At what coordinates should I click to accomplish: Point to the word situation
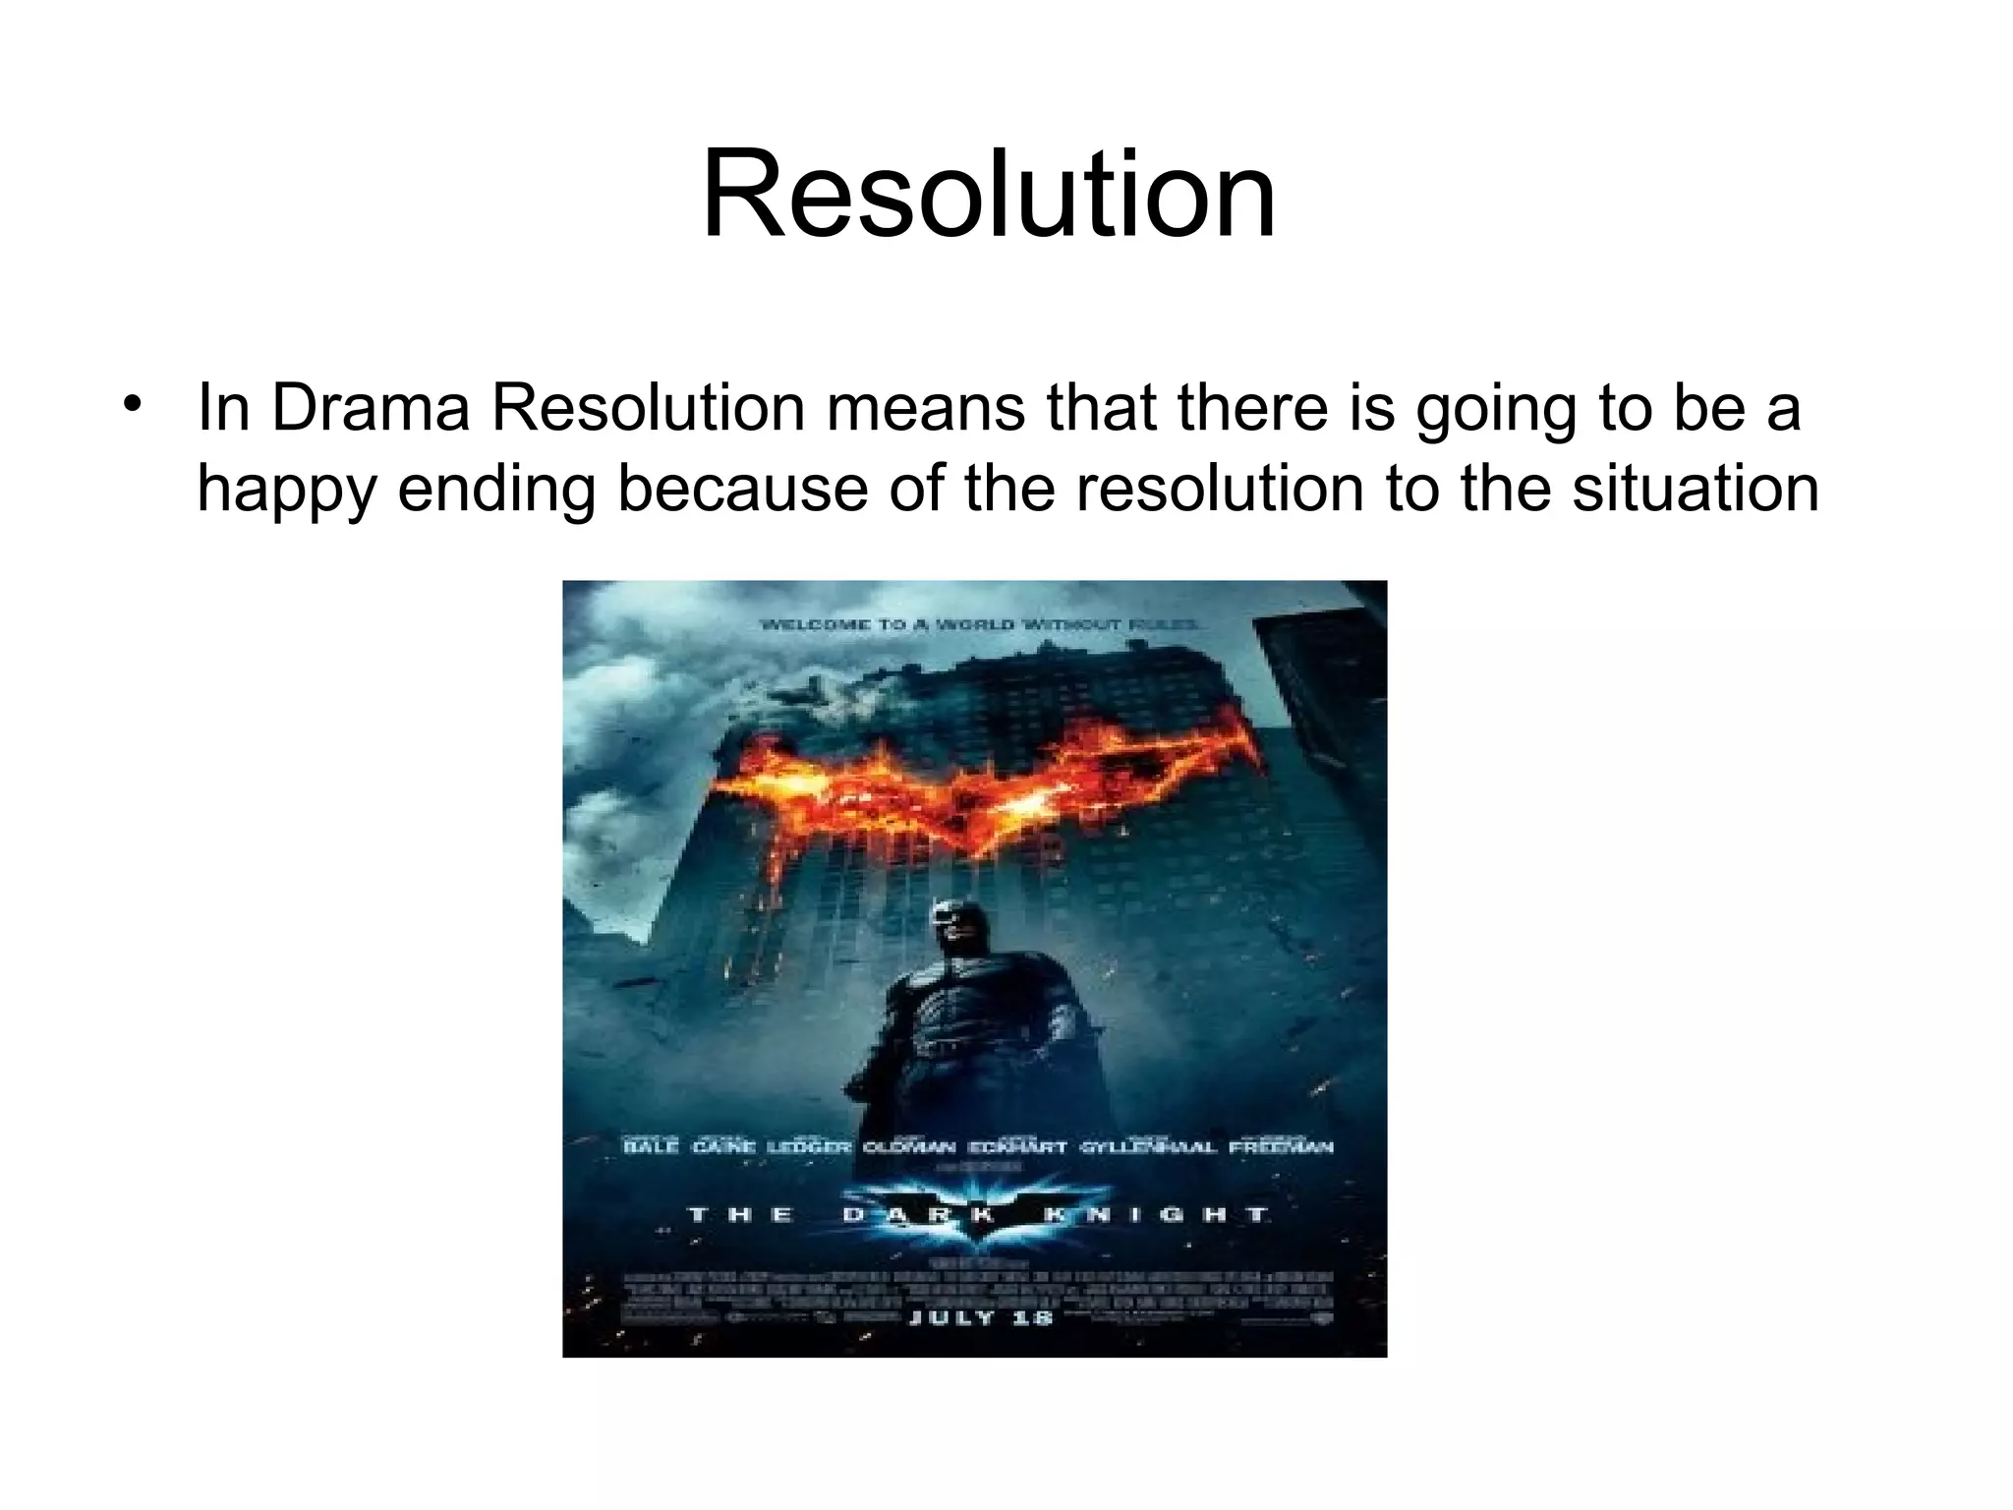pyautogui.click(x=1696, y=489)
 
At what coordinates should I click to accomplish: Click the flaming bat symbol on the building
pyautogui.click(x=983, y=796)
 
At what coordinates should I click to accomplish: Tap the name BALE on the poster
pyautogui.click(x=651, y=1146)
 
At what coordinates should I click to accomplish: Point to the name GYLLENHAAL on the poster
pyautogui.click(x=1148, y=1146)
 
